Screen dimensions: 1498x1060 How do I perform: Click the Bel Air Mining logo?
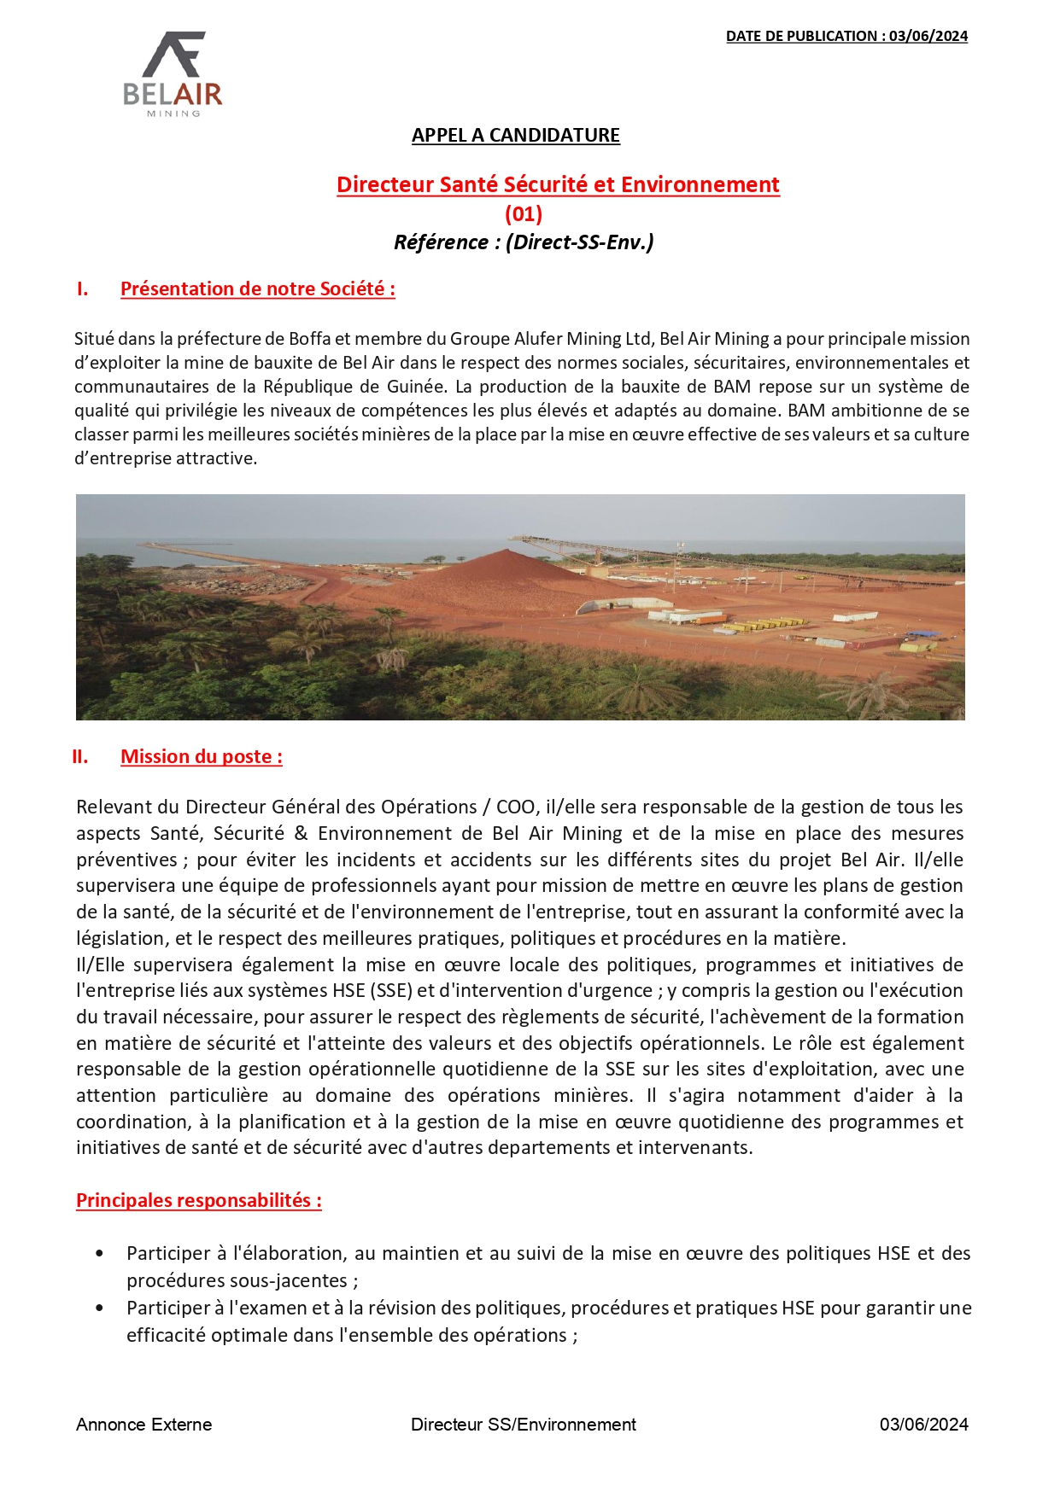point(173,74)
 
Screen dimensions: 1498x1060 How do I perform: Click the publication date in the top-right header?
point(846,36)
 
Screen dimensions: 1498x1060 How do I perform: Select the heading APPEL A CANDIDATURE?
point(516,136)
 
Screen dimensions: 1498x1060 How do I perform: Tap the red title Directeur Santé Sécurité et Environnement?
point(558,184)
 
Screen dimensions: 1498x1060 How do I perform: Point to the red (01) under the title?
point(524,213)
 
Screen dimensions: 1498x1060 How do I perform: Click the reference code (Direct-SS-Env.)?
point(580,242)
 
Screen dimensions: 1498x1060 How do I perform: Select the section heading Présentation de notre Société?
point(257,289)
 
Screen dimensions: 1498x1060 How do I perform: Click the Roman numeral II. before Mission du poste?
point(80,757)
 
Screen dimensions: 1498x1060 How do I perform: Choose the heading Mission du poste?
point(202,757)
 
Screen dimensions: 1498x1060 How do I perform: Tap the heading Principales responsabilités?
point(199,1201)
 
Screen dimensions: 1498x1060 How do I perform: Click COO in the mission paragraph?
point(515,807)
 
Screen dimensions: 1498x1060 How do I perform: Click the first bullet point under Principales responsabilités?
point(100,1254)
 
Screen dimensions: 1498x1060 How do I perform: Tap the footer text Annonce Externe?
point(143,1425)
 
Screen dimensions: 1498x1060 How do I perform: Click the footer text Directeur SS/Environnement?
point(523,1425)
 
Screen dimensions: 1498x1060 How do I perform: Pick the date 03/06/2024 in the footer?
point(923,1425)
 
